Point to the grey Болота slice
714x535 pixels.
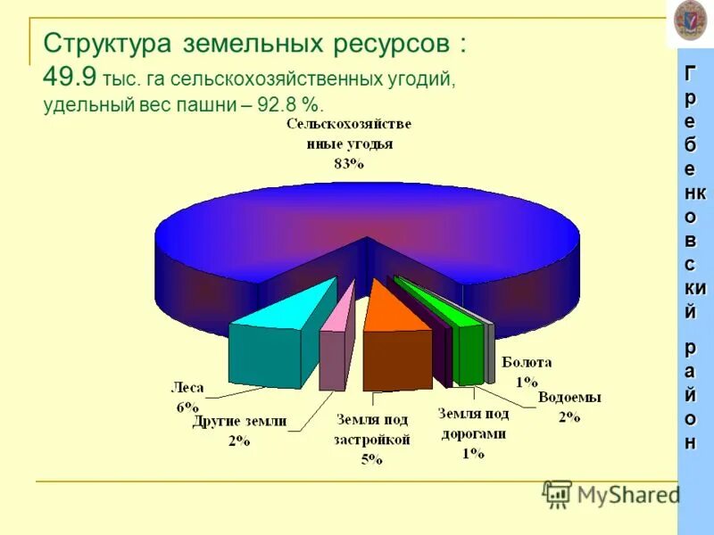tap(490, 348)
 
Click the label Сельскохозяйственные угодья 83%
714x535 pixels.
tap(349, 143)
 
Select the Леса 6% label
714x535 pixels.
tap(187, 396)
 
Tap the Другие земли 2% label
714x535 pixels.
tap(239, 431)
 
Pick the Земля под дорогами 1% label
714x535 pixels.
tap(473, 433)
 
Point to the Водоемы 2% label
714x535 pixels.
tap(569, 406)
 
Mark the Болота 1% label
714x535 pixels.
tap(527, 371)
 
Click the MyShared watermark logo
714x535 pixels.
tap(610, 493)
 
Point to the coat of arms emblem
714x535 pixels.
tap(690, 19)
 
